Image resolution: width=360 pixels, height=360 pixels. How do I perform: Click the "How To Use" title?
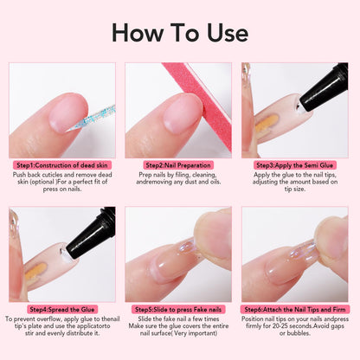pyautogui.click(x=180, y=32)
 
